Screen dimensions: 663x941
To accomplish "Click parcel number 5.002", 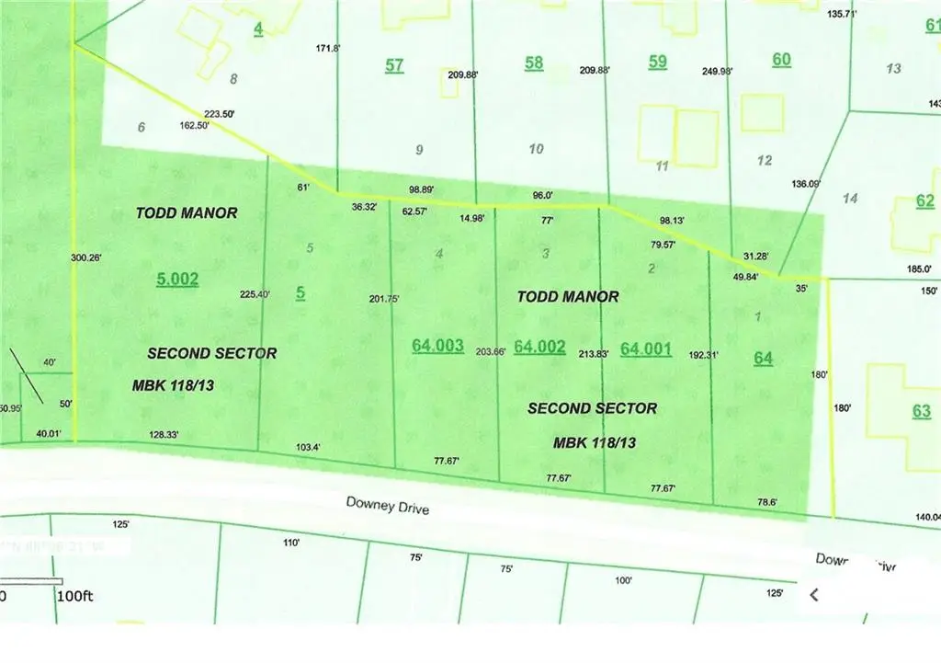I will pos(177,279).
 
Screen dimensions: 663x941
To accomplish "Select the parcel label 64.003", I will pos(437,345).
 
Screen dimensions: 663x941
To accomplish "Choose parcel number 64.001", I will pos(646,349).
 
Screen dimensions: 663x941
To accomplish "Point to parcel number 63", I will pos(922,411).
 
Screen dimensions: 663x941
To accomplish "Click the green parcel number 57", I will pos(394,65).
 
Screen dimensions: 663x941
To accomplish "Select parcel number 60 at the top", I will pos(781,60).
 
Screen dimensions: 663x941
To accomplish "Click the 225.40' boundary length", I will pos(255,294).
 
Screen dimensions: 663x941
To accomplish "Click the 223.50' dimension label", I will pos(220,114).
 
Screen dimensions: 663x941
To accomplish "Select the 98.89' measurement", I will pos(422,189).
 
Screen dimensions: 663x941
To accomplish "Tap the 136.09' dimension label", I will pos(806,184).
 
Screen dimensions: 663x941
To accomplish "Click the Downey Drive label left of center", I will pos(387,505).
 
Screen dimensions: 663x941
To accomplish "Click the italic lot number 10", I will pos(537,149).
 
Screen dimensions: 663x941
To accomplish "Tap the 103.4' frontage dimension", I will pos(308,446).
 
